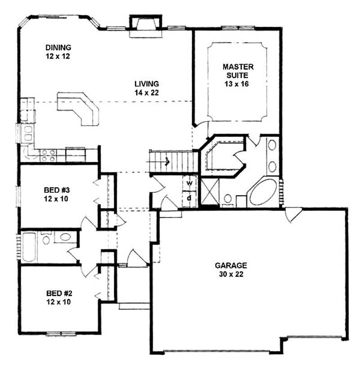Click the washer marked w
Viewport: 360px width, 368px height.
(x=189, y=183)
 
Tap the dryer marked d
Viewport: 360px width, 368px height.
(x=189, y=198)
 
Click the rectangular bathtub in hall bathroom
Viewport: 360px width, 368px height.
(x=29, y=247)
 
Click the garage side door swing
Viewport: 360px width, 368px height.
(x=292, y=214)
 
